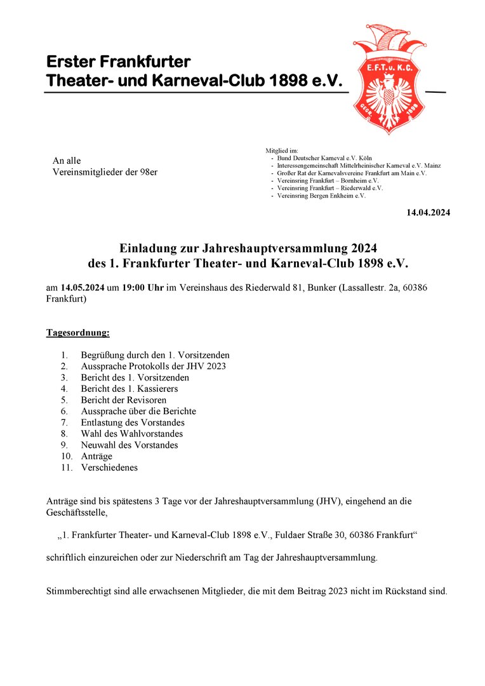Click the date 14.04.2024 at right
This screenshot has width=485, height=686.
click(x=428, y=213)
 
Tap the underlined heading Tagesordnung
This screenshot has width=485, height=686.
click(x=77, y=332)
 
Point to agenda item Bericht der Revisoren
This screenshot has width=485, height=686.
click(x=123, y=400)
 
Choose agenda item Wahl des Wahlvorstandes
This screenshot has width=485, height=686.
click(x=131, y=434)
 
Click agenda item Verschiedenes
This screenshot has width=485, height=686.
click(x=109, y=467)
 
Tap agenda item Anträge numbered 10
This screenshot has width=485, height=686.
click(x=96, y=456)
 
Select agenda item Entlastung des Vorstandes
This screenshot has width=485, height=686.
click(x=133, y=422)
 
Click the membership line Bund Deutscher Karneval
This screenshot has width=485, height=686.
click(x=324, y=158)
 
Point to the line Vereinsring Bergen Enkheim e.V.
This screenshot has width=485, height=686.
click(x=321, y=196)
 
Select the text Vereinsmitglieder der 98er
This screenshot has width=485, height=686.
click(x=105, y=172)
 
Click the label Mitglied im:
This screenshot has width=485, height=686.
click(x=277, y=151)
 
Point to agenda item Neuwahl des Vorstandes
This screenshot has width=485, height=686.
click(x=129, y=445)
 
